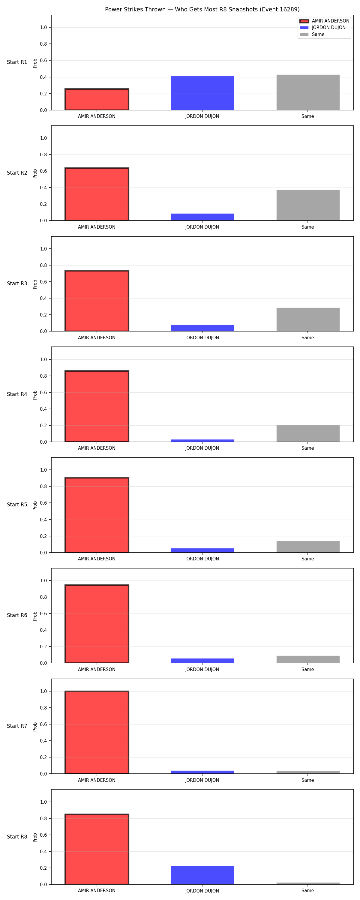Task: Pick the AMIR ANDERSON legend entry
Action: tap(324, 21)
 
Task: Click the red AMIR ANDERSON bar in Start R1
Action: tap(97, 99)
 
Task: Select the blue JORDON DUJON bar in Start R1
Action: tap(202, 93)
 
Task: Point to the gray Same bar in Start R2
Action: tap(308, 205)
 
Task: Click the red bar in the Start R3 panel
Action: tap(97, 301)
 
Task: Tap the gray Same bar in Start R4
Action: tap(308, 433)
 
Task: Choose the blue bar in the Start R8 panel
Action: tap(202, 875)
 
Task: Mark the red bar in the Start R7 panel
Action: tap(97, 732)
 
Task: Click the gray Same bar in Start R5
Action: tap(308, 547)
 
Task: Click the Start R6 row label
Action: tap(17, 615)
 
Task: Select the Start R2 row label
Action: tap(17, 173)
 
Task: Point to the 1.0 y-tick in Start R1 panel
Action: tap(43, 28)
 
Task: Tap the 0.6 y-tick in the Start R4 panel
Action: tap(43, 392)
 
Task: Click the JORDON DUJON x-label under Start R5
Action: tap(202, 559)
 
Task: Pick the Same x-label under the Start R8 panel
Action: tap(307, 891)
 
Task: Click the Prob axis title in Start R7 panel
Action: tap(35, 727)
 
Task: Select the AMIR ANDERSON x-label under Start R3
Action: tap(97, 337)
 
